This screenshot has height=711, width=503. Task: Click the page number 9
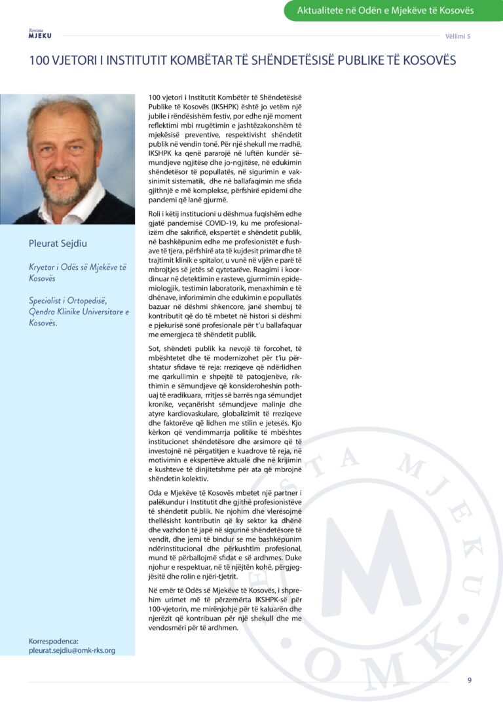pyautogui.click(x=469, y=680)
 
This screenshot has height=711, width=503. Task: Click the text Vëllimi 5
pyautogui.click(x=458, y=36)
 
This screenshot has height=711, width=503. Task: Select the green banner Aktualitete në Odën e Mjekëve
pyautogui.click(x=394, y=10)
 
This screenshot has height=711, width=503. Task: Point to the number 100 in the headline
pyautogui.click(x=39, y=60)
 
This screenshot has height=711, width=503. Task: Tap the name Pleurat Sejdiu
pyautogui.click(x=58, y=244)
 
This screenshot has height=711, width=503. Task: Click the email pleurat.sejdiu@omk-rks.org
pyautogui.click(x=72, y=650)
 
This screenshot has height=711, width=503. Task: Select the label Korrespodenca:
pyautogui.click(x=54, y=641)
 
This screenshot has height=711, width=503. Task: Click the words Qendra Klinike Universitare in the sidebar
pyautogui.click(x=74, y=312)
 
